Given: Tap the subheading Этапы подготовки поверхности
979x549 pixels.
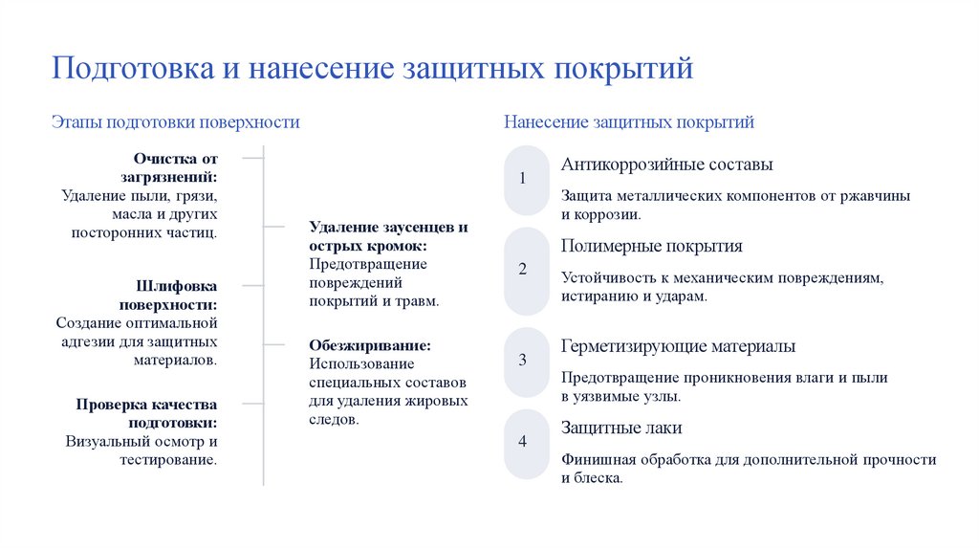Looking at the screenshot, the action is pyautogui.click(x=175, y=122).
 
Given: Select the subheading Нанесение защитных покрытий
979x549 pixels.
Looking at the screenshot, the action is pyautogui.click(x=628, y=122).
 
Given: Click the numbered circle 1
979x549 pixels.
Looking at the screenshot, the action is pyautogui.click(x=523, y=179).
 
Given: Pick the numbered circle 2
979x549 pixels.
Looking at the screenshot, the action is pyautogui.click(x=523, y=270).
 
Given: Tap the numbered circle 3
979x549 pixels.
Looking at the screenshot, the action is pyautogui.click(x=523, y=361).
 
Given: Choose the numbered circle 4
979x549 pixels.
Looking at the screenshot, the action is pyautogui.click(x=523, y=442).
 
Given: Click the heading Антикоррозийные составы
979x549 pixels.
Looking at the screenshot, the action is pyautogui.click(x=666, y=165).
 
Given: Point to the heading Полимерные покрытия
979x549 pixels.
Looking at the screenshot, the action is pyautogui.click(x=651, y=246).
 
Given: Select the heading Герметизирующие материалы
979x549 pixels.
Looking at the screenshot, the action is pyautogui.click(x=678, y=346).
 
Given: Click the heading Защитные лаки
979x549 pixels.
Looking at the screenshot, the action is pyautogui.click(x=621, y=428).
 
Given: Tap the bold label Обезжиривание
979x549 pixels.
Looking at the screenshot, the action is pyautogui.click(x=370, y=345).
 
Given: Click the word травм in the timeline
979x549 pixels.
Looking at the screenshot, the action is pyautogui.click(x=417, y=300).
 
